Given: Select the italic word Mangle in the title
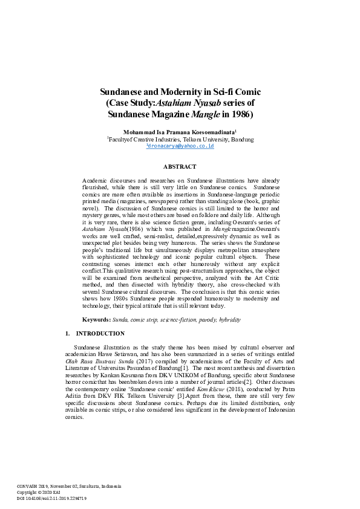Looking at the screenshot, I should click(x=207, y=114).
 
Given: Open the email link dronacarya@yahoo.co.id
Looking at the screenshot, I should click(x=180, y=146).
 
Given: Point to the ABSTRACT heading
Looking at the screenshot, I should click(x=180, y=166).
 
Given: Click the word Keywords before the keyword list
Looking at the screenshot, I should click(x=96, y=319).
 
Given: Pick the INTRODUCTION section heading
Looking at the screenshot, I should click(x=100, y=334).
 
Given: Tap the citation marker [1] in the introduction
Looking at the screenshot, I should click(x=204, y=368).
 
